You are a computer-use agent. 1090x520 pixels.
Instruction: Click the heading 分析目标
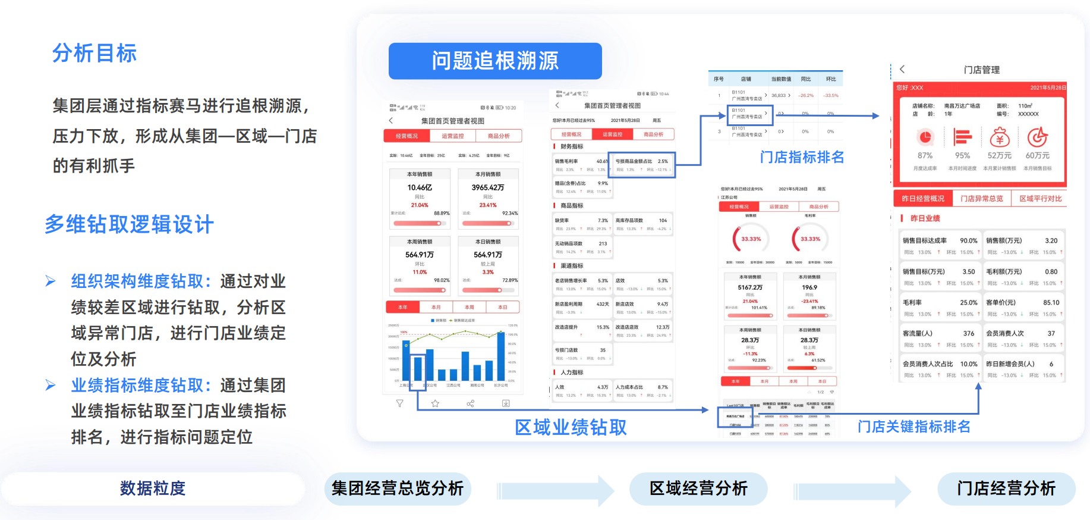click(94, 54)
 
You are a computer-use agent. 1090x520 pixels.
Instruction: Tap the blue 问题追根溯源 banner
click(495, 61)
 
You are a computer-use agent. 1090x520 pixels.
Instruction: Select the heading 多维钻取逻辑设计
click(129, 224)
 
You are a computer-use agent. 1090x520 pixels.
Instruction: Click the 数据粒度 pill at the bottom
click(153, 488)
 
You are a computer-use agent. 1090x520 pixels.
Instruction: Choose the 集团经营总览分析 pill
click(398, 488)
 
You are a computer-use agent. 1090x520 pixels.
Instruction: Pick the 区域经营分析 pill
click(698, 488)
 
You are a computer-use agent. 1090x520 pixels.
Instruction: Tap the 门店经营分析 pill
click(1006, 488)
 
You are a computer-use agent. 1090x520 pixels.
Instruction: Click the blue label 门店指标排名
click(802, 157)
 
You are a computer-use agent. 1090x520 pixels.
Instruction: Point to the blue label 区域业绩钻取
click(571, 427)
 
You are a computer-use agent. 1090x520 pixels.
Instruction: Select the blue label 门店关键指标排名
click(913, 427)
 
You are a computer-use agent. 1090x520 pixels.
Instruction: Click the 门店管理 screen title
click(982, 70)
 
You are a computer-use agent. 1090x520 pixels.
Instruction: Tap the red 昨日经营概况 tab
click(923, 199)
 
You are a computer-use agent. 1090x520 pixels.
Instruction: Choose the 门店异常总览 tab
click(982, 199)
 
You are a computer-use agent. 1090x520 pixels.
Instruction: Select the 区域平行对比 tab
click(1040, 199)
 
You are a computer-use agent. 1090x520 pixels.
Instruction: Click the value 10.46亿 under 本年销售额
click(420, 187)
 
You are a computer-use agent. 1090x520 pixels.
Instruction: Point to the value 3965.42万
click(488, 187)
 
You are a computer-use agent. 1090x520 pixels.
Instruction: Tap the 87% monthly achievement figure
click(925, 156)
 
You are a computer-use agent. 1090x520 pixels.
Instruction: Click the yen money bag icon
click(1000, 137)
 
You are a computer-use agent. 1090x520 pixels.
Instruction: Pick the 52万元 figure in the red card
click(1000, 156)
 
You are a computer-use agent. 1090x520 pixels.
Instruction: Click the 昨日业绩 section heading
click(925, 218)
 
